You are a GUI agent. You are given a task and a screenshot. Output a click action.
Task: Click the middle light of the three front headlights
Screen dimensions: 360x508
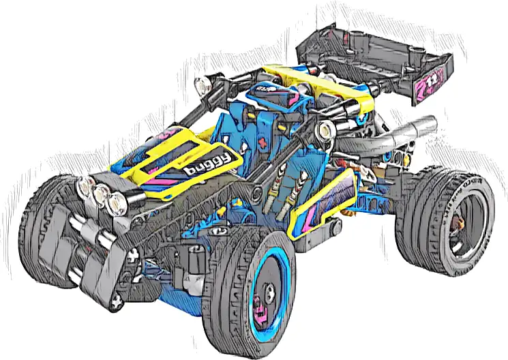point(103,194)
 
